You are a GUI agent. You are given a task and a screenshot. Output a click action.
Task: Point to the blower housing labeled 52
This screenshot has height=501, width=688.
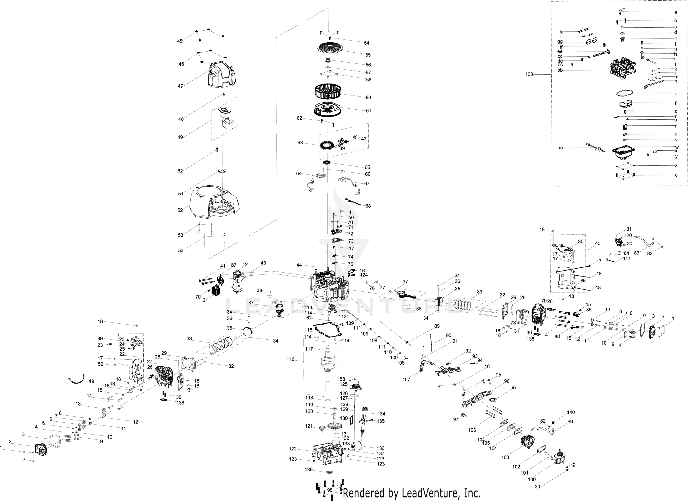[214, 202]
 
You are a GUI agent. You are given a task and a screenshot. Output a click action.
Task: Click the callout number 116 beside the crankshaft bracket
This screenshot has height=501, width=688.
[290, 359]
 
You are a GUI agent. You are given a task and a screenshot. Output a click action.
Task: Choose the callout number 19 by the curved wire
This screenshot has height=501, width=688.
[91, 381]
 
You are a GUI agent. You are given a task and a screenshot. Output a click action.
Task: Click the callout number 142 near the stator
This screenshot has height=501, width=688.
[363, 139]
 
